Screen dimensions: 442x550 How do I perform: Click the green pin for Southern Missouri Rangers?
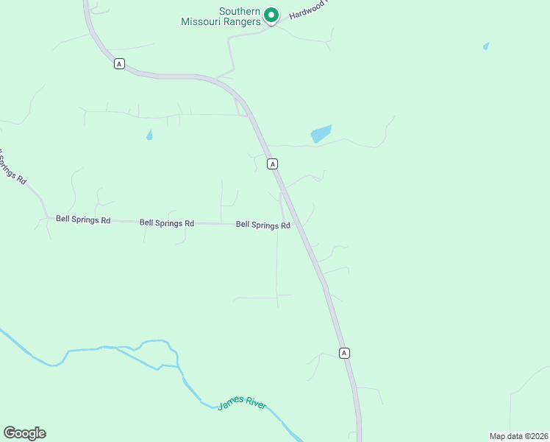[271, 15]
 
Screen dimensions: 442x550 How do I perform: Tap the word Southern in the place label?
[240, 11]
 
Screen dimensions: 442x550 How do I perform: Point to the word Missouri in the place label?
[201, 21]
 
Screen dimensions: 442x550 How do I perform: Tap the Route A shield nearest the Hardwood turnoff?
[119, 64]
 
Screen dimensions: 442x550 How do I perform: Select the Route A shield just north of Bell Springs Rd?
[272, 164]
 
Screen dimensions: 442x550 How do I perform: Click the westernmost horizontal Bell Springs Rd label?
[83, 220]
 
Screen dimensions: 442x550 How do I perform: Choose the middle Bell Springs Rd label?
[167, 222]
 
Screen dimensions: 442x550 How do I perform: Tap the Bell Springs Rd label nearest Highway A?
[262, 225]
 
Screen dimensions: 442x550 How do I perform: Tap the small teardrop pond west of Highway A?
[149, 135]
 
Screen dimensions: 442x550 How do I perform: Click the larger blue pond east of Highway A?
[321, 133]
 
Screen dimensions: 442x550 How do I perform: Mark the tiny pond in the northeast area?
[486, 46]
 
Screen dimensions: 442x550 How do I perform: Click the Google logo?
[24, 433]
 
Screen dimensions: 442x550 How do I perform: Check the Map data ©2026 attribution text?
[518, 436]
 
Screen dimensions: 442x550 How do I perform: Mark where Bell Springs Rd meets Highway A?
[296, 224]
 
